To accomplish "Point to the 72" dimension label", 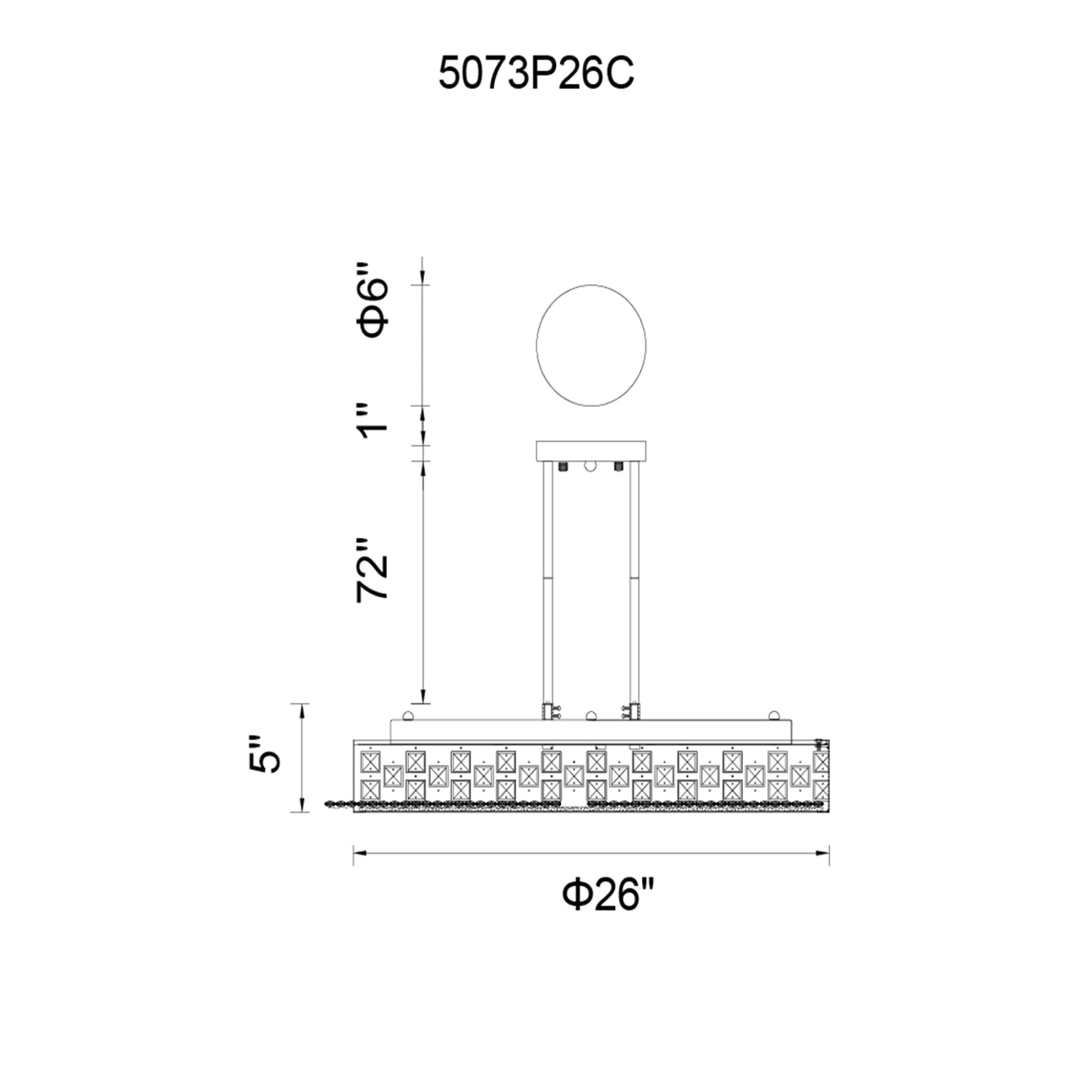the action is [x=372, y=569].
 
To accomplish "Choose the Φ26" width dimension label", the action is [x=608, y=895].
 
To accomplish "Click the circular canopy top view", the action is [x=591, y=345].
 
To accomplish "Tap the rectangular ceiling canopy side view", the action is [x=591, y=451].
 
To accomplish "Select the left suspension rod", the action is [x=548, y=583].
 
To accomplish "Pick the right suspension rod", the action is [x=634, y=583].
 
